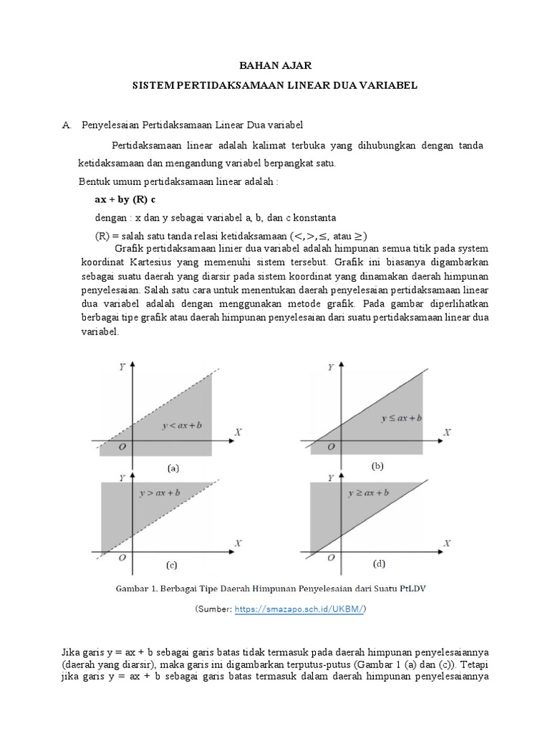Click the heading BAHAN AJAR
click(275, 65)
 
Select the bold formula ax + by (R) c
click(125, 199)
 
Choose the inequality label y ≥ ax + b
click(368, 494)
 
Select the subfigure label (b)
click(377, 466)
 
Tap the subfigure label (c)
click(172, 565)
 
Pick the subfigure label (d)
click(377, 563)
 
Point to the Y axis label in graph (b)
click(329, 367)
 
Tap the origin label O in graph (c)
click(123, 557)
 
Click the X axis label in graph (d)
click(447, 543)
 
